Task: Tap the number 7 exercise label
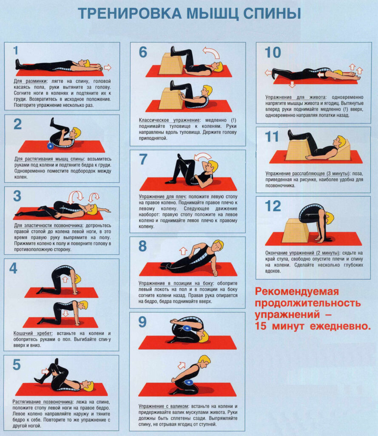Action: click(x=143, y=159)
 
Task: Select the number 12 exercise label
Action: click(x=273, y=207)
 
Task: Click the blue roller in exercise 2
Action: click(x=51, y=146)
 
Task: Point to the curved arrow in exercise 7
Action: click(x=202, y=157)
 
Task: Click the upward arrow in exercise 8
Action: click(x=183, y=251)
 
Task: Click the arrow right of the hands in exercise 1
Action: click(x=108, y=67)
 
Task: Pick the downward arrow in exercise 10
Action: click(x=292, y=84)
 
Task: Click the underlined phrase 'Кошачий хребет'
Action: click(x=31, y=333)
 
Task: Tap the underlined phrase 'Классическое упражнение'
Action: click(x=169, y=120)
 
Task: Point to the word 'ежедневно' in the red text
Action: click(x=340, y=326)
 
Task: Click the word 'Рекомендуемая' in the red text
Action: click(x=297, y=291)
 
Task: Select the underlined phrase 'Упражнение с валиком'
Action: click(x=164, y=406)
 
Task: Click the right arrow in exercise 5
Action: click(x=45, y=371)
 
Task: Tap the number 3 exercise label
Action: click(x=17, y=196)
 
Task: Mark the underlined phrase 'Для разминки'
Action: click(x=31, y=81)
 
